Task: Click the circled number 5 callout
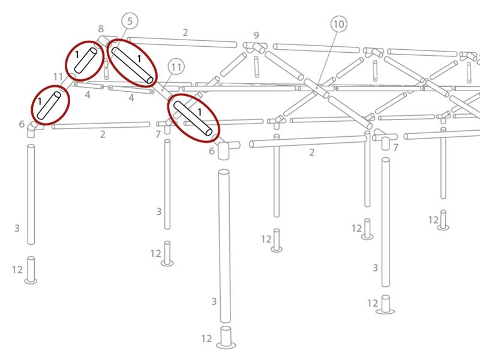click(x=130, y=21)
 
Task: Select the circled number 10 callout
click(x=339, y=24)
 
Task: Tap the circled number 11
click(x=176, y=67)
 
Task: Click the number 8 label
click(x=101, y=29)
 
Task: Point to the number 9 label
click(x=256, y=35)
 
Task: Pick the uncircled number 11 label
click(x=58, y=77)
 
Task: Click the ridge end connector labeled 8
click(x=104, y=41)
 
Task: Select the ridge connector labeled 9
click(x=255, y=47)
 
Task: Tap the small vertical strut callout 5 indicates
click(x=106, y=69)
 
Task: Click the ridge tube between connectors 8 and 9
click(x=182, y=42)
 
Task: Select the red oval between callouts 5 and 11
click(x=132, y=63)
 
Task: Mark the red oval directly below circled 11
click(x=193, y=118)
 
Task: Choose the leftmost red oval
click(x=50, y=105)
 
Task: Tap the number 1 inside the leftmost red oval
click(x=40, y=101)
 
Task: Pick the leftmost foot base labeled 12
click(x=31, y=271)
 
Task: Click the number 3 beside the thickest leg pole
click(x=214, y=302)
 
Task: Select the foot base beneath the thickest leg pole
click(x=226, y=337)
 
